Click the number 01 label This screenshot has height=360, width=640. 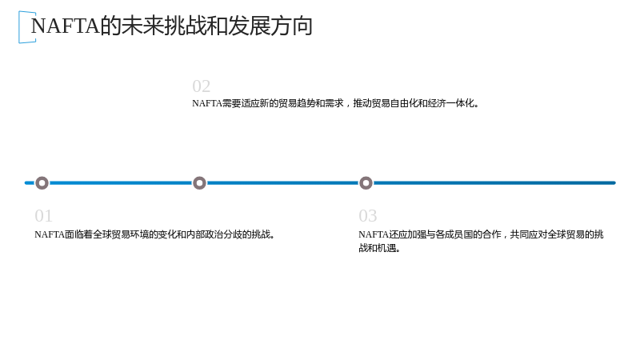[43, 216]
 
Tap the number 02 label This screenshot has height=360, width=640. [202, 86]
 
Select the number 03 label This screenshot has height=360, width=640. [368, 216]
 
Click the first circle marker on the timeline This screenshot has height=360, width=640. [42, 183]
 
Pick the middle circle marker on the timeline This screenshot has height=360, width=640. [199, 183]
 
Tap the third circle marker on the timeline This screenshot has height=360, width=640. [366, 183]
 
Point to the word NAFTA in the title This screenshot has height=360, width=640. [66, 26]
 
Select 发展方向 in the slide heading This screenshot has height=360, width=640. [270, 26]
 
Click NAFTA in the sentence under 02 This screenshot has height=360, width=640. [207, 103]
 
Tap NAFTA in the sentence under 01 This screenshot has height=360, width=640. [50, 234]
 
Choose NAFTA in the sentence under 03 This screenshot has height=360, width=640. [374, 234]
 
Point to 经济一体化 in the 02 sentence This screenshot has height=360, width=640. [450, 103]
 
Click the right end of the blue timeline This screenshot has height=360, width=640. [614, 183]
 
